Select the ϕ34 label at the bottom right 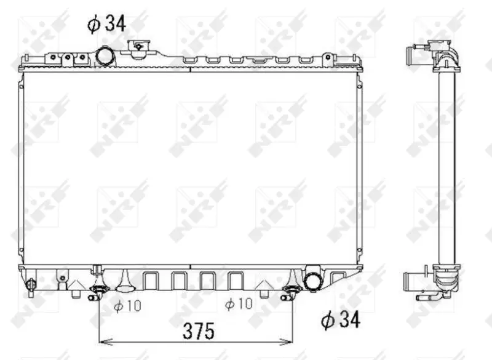(341, 319)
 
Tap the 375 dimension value (199, 331)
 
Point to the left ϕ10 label (127, 306)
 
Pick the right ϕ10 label (239, 303)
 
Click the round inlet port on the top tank (104, 56)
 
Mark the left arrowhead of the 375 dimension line (105, 342)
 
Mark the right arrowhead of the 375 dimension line (286, 342)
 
